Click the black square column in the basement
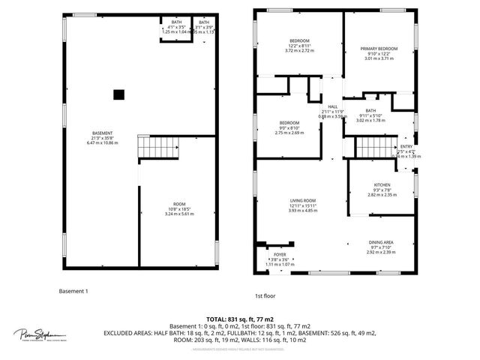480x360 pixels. point(118,94)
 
